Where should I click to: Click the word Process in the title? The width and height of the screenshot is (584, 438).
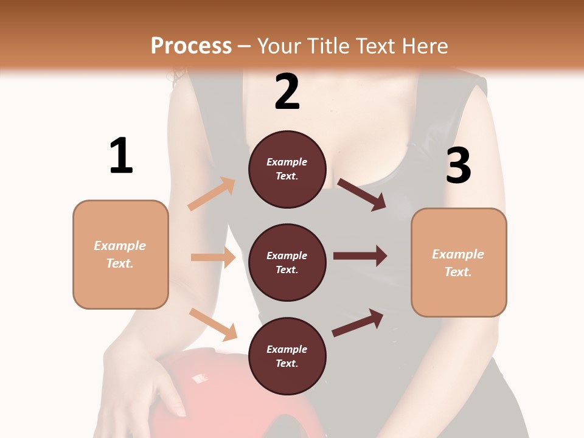(191, 46)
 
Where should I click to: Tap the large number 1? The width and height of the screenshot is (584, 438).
(121, 156)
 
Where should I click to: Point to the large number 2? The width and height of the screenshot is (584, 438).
(287, 92)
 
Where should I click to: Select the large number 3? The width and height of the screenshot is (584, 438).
(458, 165)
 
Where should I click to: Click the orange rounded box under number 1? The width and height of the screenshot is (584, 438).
(120, 254)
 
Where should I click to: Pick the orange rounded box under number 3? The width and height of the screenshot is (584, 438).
(459, 262)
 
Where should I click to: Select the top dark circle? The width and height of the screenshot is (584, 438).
(287, 169)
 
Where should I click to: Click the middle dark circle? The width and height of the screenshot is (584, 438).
(287, 262)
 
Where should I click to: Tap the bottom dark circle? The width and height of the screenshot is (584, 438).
(287, 356)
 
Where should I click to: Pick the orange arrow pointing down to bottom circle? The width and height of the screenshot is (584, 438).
(213, 324)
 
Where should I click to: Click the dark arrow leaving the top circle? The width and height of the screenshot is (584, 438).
(361, 195)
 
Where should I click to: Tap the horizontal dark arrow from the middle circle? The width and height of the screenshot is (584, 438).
(360, 255)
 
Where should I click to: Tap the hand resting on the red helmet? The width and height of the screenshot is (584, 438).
(146, 377)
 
